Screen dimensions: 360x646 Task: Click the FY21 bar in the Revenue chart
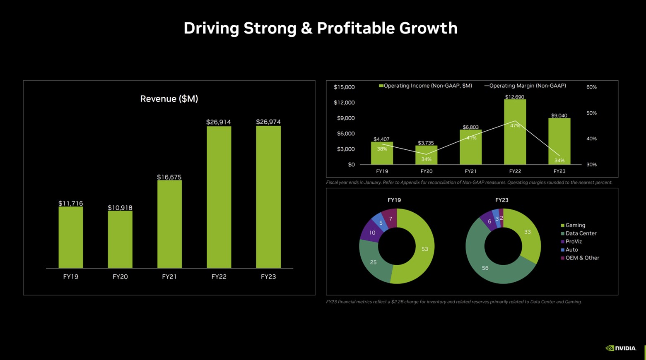point(169,224)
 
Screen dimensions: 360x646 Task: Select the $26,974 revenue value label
point(268,122)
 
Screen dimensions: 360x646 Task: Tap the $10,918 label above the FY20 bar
point(120,208)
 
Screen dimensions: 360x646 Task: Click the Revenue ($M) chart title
point(169,99)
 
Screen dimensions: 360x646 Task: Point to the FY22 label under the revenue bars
point(219,277)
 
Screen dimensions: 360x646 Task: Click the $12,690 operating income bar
point(515,132)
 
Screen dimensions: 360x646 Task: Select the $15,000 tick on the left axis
point(344,87)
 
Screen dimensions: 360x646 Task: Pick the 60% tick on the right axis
point(591,87)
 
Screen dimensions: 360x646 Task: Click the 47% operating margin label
point(515,126)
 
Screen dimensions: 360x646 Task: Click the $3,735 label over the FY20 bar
point(426,143)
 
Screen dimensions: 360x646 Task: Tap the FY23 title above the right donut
point(501,200)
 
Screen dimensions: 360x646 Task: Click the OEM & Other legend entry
point(582,258)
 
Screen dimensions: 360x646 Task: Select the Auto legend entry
point(571,250)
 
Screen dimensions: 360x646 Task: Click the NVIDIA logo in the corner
point(621,348)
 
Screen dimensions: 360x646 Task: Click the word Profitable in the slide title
point(356,28)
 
